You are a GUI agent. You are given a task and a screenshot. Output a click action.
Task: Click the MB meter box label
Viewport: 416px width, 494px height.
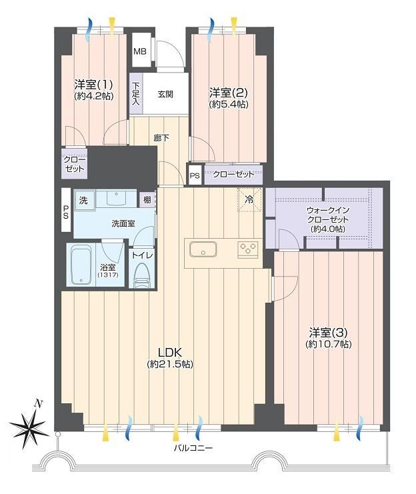click(x=140, y=51)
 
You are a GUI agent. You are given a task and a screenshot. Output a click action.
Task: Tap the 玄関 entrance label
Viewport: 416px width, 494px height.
click(x=165, y=94)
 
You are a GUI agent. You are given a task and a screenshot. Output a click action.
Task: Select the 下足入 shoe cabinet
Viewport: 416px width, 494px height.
click(x=136, y=93)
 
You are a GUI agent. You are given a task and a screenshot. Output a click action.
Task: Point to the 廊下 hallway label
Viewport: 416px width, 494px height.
click(x=161, y=138)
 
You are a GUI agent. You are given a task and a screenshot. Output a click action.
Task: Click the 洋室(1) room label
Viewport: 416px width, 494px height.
click(x=93, y=85)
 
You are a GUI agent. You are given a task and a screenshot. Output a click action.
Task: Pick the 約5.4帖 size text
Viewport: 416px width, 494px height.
click(x=229, y=104)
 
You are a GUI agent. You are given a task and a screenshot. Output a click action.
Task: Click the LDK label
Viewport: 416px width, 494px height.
click(x=170, y=351)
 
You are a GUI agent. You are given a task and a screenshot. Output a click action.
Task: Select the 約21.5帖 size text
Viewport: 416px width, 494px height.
click(x=170, y=364)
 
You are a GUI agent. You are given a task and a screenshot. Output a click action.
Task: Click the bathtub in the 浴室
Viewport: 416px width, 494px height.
click(x=81, y=265)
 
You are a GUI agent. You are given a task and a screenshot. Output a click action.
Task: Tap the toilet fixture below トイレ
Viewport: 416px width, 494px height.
click(x=142, y=275)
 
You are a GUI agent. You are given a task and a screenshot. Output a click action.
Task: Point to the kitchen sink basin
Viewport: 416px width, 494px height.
click(x=203, y=249)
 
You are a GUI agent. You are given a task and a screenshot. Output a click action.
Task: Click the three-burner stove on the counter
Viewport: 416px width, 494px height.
click(x=248, y=249)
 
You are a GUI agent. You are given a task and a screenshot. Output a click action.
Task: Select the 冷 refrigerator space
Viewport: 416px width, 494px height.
click(x=249, y=200)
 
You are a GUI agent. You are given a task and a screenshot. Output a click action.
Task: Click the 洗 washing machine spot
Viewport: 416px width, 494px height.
click(x=84, y=200)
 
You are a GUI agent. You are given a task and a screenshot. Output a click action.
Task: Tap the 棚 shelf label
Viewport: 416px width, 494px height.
click(x=147, y=200)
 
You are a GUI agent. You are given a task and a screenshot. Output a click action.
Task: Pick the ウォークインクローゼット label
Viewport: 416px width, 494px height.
click(x=328, y=215)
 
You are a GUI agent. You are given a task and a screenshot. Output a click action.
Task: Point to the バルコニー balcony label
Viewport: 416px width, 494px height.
click(x=193, y=448)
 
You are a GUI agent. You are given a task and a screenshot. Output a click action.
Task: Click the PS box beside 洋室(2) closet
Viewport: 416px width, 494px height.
click(x=195, y=175)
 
